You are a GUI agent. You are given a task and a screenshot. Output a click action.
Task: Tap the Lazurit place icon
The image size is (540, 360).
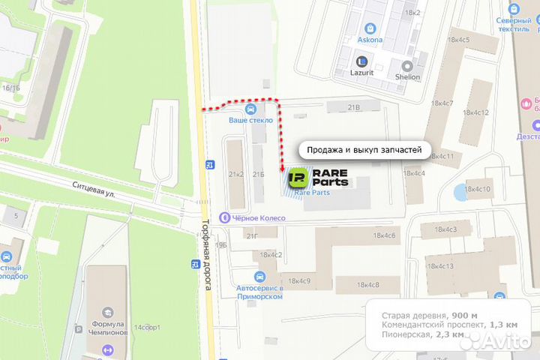(x=362, y=62)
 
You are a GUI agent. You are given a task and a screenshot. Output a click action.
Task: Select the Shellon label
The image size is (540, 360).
(x=407, y=76)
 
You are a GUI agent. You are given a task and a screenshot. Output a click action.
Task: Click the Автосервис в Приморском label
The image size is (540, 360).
(x=259, y=292)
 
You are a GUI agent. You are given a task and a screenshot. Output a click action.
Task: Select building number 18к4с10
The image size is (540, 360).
(x=477, y=189)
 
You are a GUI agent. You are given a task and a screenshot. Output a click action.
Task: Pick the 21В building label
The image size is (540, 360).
(x=354, y=108)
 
